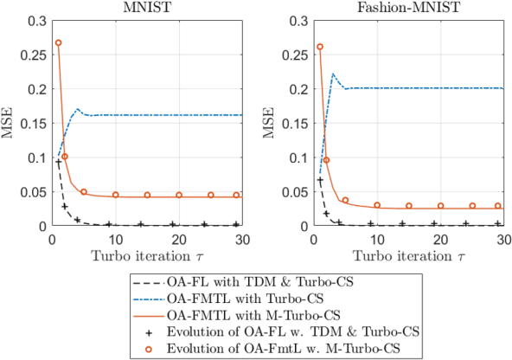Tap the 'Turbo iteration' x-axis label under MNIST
146,255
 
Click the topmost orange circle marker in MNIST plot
58,42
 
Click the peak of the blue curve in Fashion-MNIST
334,74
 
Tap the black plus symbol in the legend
151,331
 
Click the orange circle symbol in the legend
151,347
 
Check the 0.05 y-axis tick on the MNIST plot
33,192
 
